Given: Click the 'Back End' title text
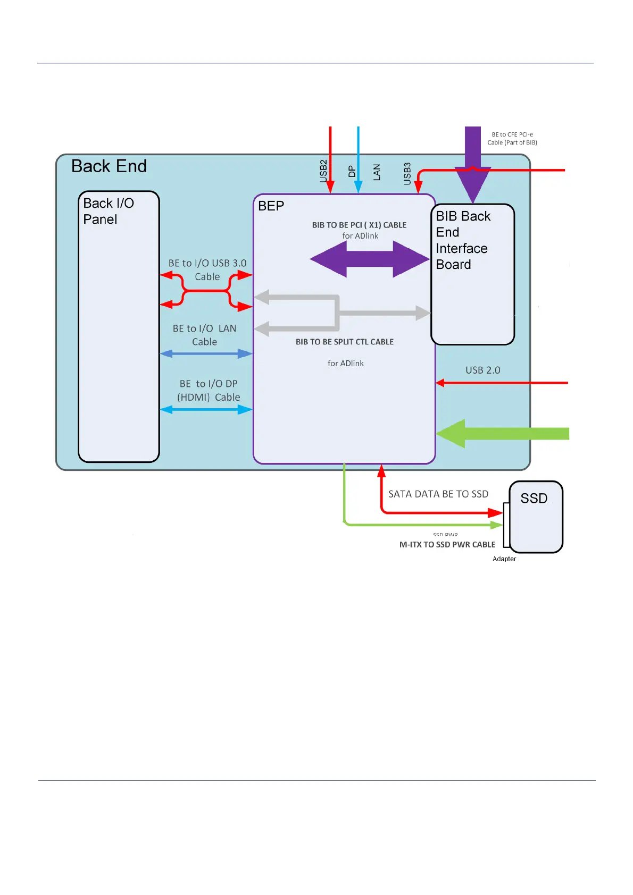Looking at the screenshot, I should [109, 166].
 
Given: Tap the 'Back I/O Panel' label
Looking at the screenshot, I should [109, 211].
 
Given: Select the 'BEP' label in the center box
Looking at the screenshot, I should [271, 206].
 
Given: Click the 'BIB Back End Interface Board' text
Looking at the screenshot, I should [462, 240].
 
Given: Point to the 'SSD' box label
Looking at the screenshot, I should [534, 499].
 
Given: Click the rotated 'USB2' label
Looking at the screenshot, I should [323, 171].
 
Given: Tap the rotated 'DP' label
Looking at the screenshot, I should [352, 171].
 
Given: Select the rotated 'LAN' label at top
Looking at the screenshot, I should [377, 172].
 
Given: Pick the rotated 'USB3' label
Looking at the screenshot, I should [407, 174].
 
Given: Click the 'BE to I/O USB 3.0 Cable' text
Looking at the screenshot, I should [207, 270].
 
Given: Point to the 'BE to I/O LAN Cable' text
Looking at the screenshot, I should [205, 335].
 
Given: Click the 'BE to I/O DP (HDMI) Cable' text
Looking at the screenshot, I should [209, 391].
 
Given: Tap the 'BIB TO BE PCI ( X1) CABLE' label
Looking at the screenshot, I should [359, 225].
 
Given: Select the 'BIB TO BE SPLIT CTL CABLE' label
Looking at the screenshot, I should [345, 342].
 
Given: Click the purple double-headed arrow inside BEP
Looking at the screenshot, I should [370, 259].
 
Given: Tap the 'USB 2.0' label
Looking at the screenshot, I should [483, 370].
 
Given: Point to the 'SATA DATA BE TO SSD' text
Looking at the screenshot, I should [438, 494].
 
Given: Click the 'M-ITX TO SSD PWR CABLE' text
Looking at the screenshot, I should [447, 545].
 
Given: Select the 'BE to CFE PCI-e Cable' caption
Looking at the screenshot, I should [512, 139].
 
